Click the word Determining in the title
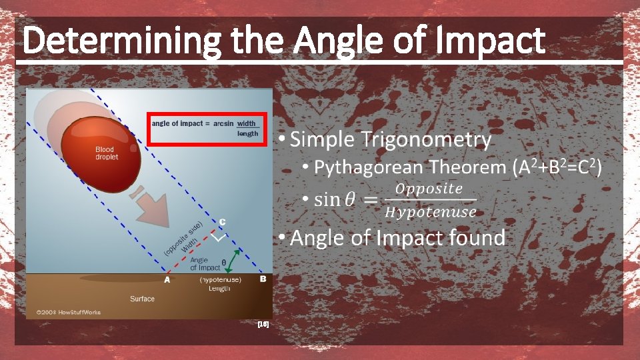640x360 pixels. point(123,41)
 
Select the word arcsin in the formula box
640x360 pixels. point(223,123)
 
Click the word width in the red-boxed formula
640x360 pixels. point(246,123)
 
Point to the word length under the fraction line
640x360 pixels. point(247,134)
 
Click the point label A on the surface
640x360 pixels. point(167,280)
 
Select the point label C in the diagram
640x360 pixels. point(222,222)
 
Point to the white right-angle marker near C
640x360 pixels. point(219,236)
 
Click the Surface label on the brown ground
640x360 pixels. point(142,299)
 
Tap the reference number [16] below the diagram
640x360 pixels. point(263,325)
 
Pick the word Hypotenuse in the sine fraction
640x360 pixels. point(431,212)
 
